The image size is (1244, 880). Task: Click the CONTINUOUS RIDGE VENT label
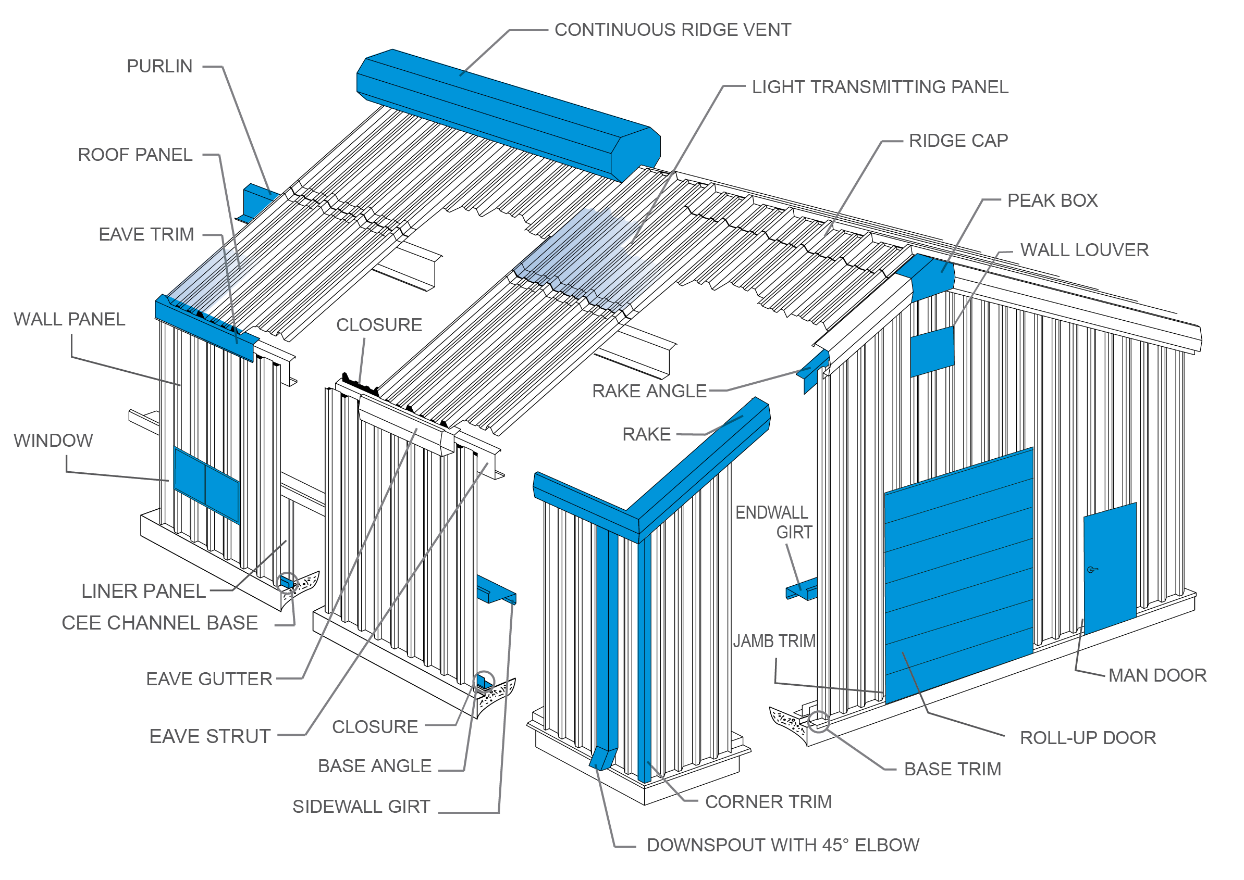pos(672,30)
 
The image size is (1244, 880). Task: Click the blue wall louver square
pos(932,351)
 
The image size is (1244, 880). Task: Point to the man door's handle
pos(1092,570)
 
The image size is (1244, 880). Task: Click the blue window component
pos(206,485)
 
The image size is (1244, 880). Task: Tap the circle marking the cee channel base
pos(287,583)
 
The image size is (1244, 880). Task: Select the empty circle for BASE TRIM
pos(818,722)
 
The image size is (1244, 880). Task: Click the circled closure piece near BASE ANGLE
pos(484,682)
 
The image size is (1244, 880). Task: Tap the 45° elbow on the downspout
pos(602,758)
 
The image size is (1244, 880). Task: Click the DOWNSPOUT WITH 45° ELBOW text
pos(783,845)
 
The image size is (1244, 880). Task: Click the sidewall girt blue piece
pos(495,589)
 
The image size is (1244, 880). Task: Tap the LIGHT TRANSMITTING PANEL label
pos(880,87)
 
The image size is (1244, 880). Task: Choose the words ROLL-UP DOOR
pos(1087,738)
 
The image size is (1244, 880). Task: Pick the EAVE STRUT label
pos(210,736)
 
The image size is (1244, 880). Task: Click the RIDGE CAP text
pos(958,141)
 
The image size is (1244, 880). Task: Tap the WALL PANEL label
pos(69,319)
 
